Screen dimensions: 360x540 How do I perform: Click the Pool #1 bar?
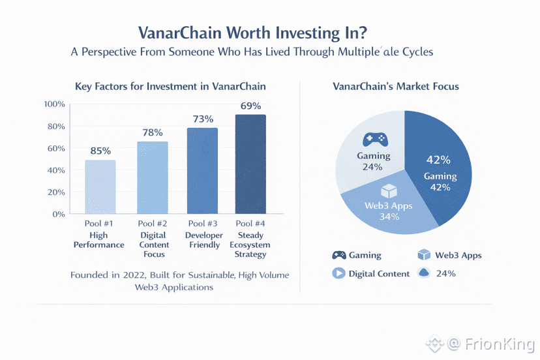click(100, 187)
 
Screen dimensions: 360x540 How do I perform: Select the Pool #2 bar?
click(152, 177)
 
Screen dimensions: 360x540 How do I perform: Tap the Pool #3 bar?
click(203, 170)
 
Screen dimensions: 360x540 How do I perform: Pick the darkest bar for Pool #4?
click(250, 164)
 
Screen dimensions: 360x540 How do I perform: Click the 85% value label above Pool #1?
click(100, 151)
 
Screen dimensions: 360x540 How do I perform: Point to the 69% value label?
click(250, 106)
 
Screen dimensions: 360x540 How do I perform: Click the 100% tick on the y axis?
click(54, 104)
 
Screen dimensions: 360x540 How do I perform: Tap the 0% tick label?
click(59, 214)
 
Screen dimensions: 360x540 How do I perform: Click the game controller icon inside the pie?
click(374, 140)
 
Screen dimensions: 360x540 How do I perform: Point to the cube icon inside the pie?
click(389, 191)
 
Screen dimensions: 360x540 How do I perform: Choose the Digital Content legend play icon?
click(338, 273)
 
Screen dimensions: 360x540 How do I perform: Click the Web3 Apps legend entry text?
click(458, 255)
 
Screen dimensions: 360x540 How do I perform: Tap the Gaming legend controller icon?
click(339, 255)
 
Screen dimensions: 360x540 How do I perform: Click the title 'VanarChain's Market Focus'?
click(395, 86)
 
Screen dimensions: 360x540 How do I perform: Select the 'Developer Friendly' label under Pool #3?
click(203, 240)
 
